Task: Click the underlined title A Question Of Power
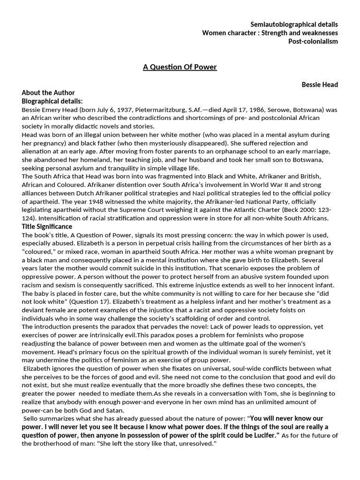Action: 180,67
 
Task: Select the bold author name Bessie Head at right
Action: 320,84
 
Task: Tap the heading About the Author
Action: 48,93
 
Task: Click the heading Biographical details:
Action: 52,101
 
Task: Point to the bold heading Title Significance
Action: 47,226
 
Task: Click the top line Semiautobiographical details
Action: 294,24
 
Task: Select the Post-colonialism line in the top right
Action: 313,41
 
